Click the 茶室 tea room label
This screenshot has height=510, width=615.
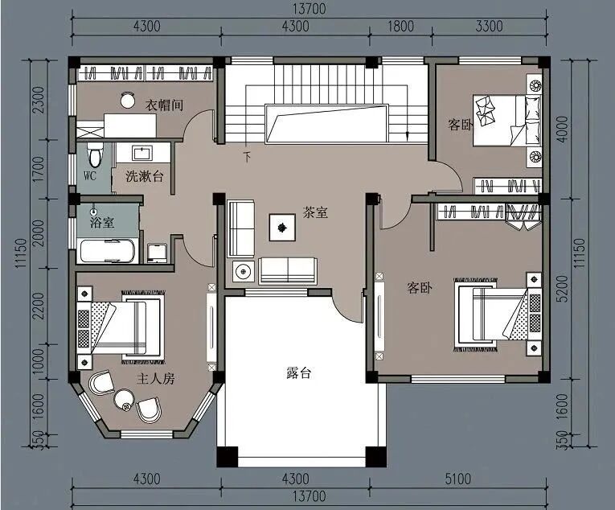coord(315,212)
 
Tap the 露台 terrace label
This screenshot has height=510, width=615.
coord(298,372)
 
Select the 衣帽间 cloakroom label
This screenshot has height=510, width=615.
coord(164,105)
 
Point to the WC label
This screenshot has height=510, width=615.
coord(90,175)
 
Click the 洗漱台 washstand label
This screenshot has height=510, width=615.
coord(145,176)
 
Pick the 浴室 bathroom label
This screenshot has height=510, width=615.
coord(102,223)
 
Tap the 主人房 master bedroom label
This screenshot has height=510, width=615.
coord(155,378)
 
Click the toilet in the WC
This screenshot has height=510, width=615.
coord(95,155)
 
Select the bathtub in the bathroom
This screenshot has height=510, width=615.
coord(108,250)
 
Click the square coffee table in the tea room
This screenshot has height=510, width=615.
coord(282,227)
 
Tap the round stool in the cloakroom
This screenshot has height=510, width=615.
coord(128,100)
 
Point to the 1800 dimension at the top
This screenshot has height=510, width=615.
coord(400,27)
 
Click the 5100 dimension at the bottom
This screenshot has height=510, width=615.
coord(457,479)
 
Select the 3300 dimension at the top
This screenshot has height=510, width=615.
coord(489,27)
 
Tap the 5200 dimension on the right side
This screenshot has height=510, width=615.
coord(562,289)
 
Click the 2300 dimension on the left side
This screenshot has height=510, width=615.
coord(39,100)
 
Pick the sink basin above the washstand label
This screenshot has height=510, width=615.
coord(142,153)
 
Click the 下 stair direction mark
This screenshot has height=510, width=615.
coord(247,157)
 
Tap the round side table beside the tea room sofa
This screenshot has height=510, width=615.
coord(244,271)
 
